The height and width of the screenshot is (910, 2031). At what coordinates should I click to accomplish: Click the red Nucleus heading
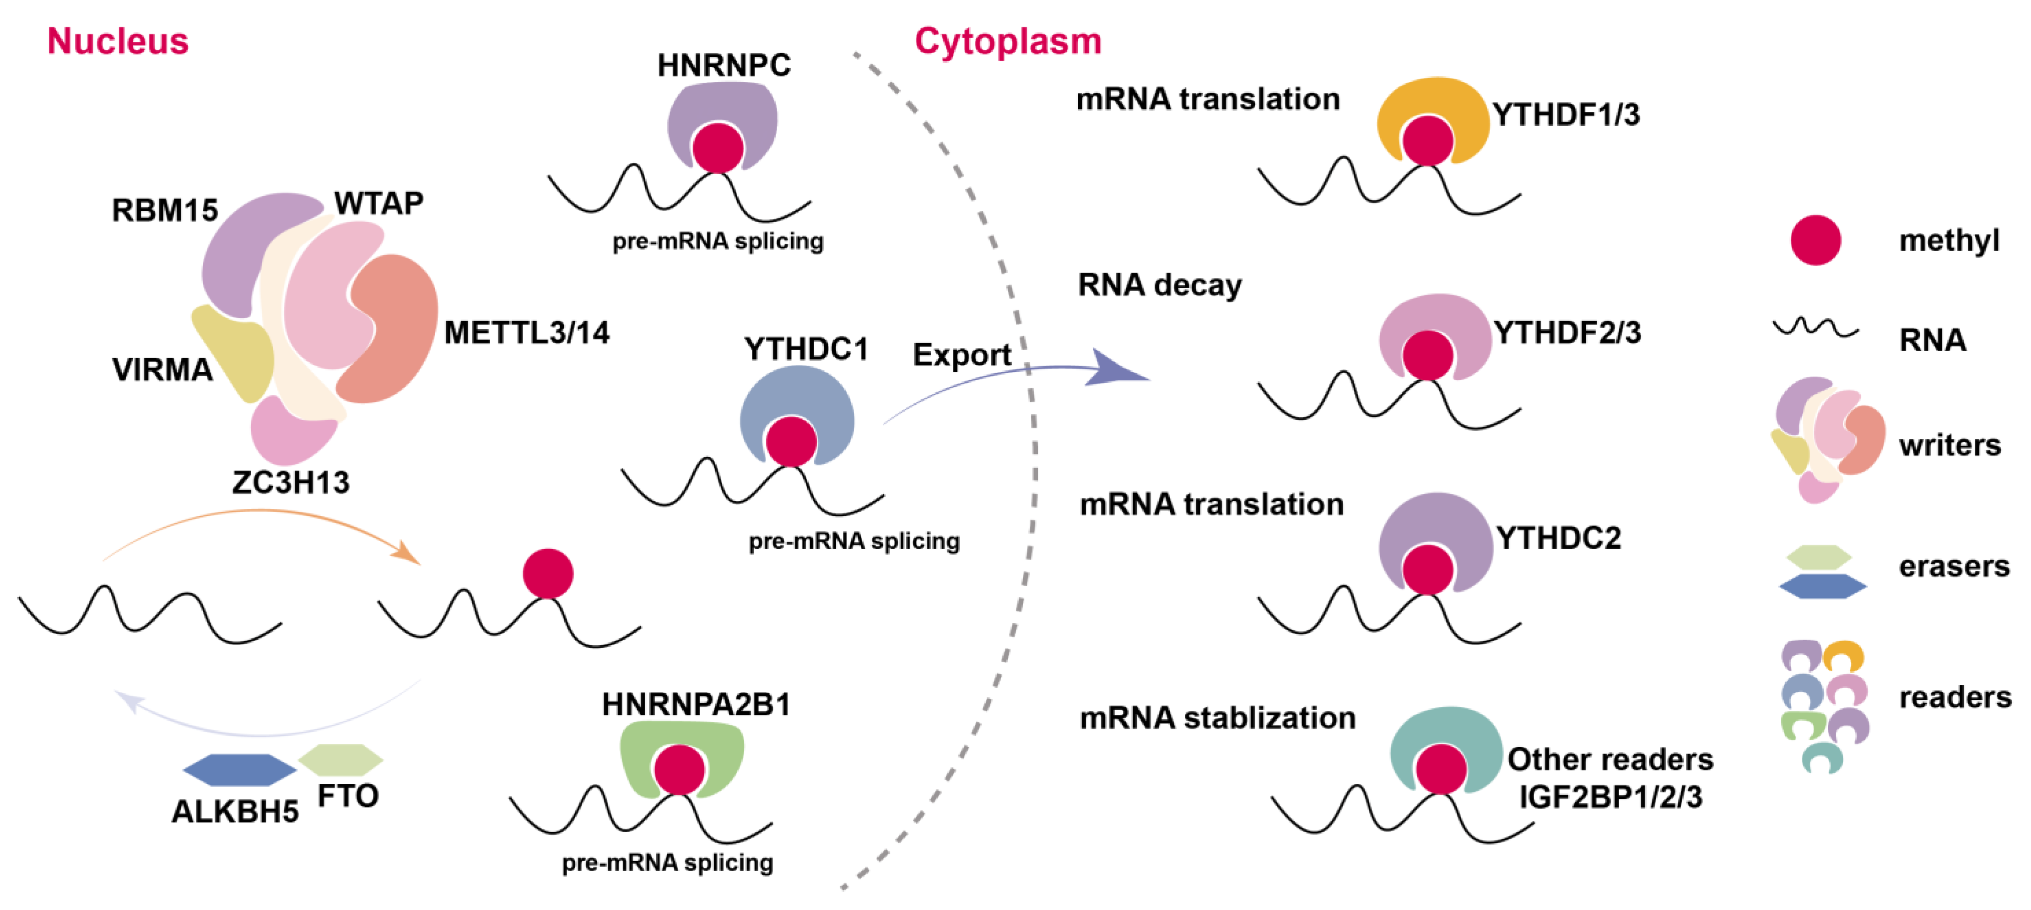point(118,41)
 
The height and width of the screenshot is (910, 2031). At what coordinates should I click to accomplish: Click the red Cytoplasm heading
point(1008,41)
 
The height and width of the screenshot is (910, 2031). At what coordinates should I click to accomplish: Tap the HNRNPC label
point(724,65)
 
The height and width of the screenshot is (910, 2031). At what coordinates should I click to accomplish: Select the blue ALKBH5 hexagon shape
point(239,770)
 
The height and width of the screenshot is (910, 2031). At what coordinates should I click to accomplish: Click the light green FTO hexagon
point(340,759)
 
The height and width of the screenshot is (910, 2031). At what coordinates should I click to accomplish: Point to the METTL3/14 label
point(527,333)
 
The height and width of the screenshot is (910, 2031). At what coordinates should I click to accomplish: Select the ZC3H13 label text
point(291,482)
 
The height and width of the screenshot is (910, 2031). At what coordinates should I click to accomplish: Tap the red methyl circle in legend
point(1815,240)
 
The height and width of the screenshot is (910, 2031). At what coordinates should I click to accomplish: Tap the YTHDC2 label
point(1559,538)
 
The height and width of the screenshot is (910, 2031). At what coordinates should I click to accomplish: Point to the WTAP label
point(378,203)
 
